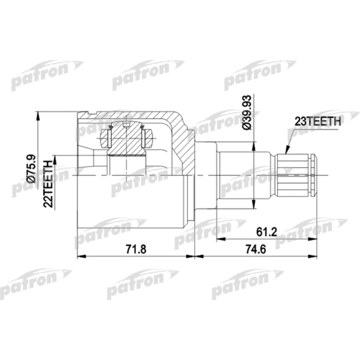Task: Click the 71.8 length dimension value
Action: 136,249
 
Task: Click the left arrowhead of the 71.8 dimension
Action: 80,256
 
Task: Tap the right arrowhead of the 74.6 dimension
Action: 314,256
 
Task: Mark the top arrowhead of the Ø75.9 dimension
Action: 38,115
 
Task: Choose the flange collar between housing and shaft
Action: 206,175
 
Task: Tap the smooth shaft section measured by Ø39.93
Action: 244,175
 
